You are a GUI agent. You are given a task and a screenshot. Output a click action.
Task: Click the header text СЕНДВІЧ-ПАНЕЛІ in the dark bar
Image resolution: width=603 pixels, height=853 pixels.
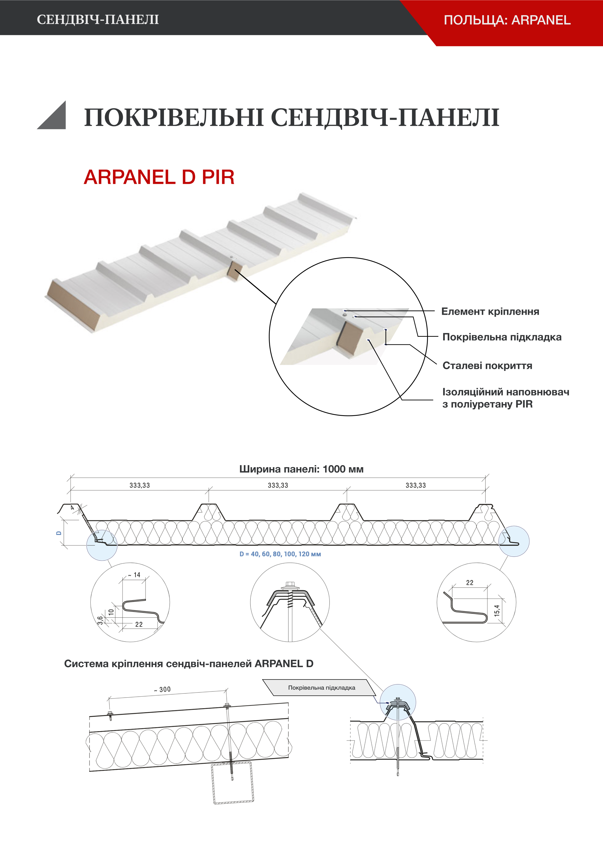point(98,19)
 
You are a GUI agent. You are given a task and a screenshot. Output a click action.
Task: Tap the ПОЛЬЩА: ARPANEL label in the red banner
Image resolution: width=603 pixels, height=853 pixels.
point(507,20)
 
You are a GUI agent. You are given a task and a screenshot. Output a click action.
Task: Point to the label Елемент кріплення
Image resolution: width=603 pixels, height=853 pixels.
point(490,311)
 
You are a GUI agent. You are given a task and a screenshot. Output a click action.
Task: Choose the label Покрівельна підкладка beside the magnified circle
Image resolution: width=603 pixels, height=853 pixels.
point(502,337)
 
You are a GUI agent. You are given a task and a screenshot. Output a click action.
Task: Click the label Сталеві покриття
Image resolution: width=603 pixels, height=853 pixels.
point(487,366)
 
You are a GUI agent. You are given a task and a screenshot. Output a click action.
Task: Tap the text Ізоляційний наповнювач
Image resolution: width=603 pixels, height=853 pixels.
point(506,392)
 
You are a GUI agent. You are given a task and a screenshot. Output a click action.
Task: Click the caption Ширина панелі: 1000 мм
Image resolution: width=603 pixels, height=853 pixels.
point(301,469)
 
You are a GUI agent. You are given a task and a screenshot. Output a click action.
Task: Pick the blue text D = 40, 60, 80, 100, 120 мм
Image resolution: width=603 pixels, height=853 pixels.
point(280,554)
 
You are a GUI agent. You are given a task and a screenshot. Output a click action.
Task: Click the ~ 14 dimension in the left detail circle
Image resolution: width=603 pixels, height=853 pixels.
point(135,575)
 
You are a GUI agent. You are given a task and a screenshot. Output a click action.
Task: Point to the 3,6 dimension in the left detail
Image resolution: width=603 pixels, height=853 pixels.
point(100,620)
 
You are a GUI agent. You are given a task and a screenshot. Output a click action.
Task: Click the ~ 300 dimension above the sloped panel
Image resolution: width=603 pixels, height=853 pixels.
point(162,689)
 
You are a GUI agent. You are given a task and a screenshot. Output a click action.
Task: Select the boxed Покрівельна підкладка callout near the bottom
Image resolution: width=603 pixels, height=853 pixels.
point(322,688)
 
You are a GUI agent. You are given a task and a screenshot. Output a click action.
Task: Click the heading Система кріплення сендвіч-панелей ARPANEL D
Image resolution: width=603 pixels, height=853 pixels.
point(189,664)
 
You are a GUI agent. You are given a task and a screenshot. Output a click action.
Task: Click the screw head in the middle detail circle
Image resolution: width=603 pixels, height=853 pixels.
point(290,584)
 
